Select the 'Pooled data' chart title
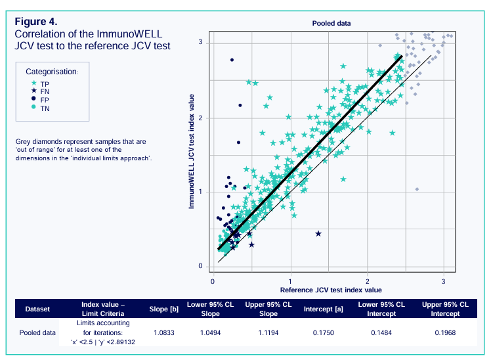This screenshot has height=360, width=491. pyautogui.click(x=331, y=22)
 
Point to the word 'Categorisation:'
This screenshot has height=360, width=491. pyautogui.click(x=52, y=71)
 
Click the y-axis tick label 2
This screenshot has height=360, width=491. pyautogui.click(x=201, y=118)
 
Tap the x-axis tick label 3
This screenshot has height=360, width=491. pyautogui.click(x=444, y=281)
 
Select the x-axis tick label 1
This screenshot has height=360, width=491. pyautogui.click(x=290, y=281)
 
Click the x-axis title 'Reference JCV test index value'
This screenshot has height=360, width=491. pyautogui.click(x=331, y=290)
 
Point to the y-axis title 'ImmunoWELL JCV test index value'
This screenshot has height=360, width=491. pyautogui.click(x=192, y=150)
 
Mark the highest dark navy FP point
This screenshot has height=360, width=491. pyautogui.click(x=232, y=60)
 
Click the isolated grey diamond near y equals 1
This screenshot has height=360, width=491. pyautogui.click(x=417, y=189)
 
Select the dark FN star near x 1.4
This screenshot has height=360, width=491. pyautogui.click(x=318, y=234)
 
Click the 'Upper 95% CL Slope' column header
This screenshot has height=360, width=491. pyautogui.click(x=268, y=309)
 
